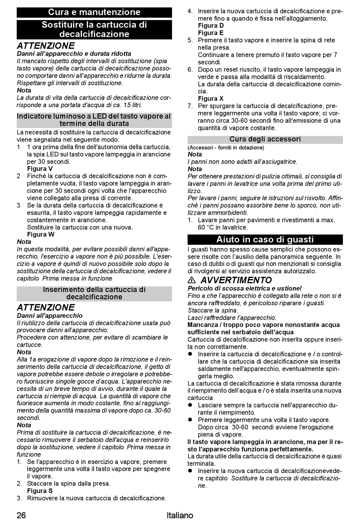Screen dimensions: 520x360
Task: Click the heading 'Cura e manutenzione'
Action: click(x=94, y=12)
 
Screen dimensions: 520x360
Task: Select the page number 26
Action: click(x=21, y=515)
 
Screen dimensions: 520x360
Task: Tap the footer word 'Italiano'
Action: click(x=180, y=515)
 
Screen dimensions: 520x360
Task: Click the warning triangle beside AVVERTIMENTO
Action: click(x=192, y=281)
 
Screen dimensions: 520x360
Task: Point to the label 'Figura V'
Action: click(x=40, y=169)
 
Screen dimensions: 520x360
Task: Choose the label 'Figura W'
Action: click(x=41, y=234)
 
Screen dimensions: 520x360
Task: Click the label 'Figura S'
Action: click(x=40, y=491)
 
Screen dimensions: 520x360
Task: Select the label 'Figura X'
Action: click(x=210, y=99)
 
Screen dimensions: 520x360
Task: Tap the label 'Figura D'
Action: click(x=211, y=26)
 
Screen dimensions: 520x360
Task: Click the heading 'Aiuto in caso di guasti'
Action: click(x=265, y=239)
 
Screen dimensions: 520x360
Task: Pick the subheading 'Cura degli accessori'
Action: click(x=265, y=139)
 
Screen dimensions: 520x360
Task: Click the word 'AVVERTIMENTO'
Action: click(x=236, y=280)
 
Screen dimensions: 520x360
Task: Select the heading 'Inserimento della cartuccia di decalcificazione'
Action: click(x=94, y=293)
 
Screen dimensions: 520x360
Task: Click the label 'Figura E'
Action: click(x=210, y=33)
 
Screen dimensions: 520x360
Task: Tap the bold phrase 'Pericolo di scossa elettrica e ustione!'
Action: click(x=244, y=289)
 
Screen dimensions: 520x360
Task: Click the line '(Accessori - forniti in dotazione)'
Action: click(x=225, y=147)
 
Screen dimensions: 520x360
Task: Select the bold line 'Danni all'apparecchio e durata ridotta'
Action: click(x=74, y=54)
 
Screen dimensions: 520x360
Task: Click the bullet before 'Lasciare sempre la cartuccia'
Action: click(x=191, y=405)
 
